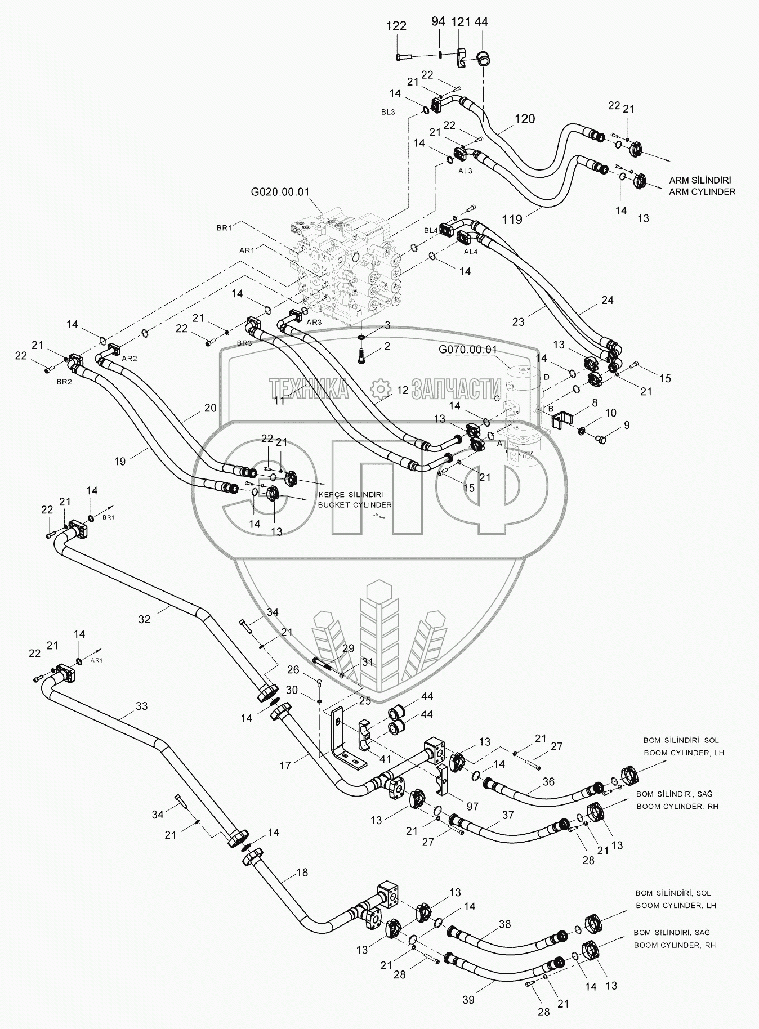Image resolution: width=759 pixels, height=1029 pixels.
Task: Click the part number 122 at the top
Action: coord(396,25)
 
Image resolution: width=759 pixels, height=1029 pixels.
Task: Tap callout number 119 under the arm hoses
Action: coord(512,220)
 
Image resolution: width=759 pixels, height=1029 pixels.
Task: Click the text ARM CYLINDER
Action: coord(702,191)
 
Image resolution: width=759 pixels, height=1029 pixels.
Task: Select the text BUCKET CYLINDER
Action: coord(354,505)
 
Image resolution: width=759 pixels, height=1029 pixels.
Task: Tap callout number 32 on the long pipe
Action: coord(145,619)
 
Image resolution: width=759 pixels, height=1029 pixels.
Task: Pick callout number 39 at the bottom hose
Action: coord(468,1000)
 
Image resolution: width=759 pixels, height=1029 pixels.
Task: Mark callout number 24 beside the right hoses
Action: coord(607,300)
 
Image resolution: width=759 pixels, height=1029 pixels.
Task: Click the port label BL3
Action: coord(388,112)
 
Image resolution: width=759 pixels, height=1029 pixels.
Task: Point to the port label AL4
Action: coord(471,252)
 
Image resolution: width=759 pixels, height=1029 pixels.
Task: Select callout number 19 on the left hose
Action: coord(119,460)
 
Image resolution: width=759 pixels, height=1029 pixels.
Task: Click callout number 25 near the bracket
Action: coord(365,700)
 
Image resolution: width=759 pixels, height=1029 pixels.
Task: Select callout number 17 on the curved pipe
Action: coord(285,765)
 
